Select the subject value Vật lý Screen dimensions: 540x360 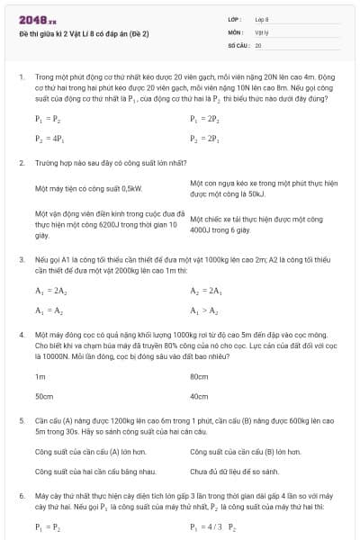[262, 31]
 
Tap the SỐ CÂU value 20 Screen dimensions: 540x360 [258, 43]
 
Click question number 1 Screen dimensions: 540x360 [20, 76]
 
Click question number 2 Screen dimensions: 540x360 [20, 163]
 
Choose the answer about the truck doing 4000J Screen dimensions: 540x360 [256, 224]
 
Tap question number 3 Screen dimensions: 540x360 [20, 259]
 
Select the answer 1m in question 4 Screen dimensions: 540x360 [40, 375]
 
